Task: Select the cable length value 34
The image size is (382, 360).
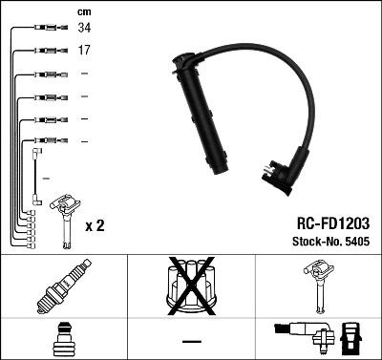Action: (84, 29)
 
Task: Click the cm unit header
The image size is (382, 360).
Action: (83, 11)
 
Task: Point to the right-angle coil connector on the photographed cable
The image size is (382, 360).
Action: (278, 175)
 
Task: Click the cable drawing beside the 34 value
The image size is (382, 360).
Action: (44, 29)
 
